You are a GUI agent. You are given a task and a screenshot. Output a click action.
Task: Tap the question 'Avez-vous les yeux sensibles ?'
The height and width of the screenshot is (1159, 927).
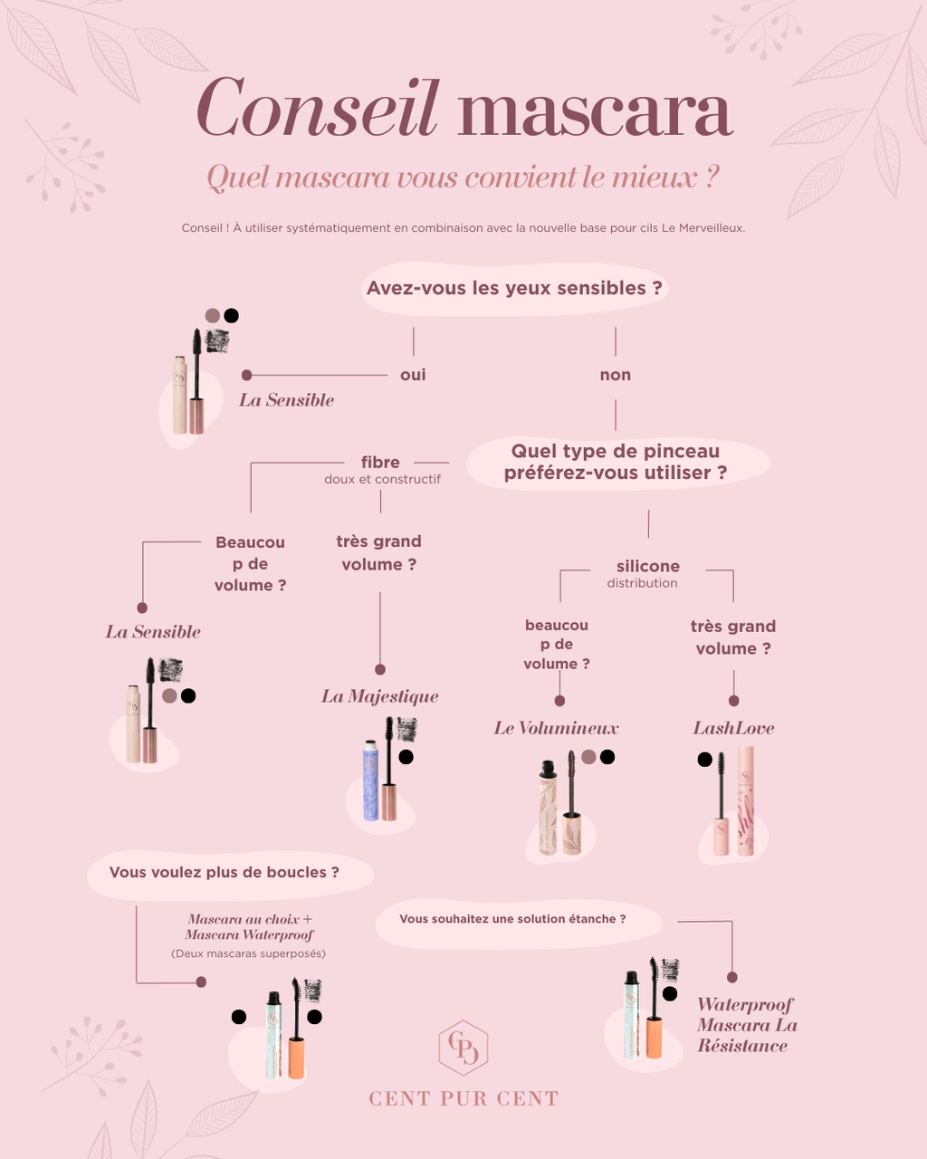pos(514,289)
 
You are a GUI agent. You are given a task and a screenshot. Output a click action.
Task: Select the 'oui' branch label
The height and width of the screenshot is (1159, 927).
pos(413,375)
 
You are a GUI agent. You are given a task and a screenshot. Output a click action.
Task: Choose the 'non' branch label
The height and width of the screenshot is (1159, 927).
pos(616,375)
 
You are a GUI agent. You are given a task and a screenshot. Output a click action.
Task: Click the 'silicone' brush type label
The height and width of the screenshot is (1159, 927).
pos(647,567)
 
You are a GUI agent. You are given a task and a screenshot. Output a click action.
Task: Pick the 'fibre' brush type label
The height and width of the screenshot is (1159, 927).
pos(380,463)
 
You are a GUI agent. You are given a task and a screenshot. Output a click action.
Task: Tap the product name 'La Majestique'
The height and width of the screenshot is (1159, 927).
pos(380,696)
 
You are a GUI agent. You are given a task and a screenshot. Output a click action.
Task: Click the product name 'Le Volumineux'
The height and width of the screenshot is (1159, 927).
pos(556,728)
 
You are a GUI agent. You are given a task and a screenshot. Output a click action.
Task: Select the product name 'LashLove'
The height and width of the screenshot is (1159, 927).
pos(733,728)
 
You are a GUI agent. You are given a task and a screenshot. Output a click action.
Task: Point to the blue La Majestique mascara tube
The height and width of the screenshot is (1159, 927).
pos(371,781)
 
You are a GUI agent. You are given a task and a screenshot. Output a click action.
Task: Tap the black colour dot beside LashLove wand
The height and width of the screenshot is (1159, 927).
pos(704,760)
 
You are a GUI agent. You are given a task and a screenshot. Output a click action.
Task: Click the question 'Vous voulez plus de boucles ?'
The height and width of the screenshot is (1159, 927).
pos(225,873)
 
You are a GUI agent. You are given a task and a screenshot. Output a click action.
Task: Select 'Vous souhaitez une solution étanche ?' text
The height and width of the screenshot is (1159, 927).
pos(512,919)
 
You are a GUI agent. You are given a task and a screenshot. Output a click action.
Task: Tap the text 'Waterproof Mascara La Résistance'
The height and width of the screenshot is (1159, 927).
pos(746,1025)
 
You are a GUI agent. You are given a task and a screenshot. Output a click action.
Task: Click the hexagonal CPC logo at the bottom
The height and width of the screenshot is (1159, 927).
pos(463,1048)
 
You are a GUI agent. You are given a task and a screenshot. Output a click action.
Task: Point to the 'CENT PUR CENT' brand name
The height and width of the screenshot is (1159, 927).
pos(463,1099)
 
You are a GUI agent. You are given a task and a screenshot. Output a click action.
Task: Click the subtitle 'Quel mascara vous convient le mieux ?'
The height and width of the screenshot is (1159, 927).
pos(463,177)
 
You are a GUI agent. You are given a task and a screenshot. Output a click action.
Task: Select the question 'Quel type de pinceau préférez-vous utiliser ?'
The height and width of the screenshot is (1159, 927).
pos(616,462)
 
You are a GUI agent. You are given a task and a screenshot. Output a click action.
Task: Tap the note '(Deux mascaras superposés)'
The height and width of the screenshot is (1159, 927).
pos(248,953)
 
